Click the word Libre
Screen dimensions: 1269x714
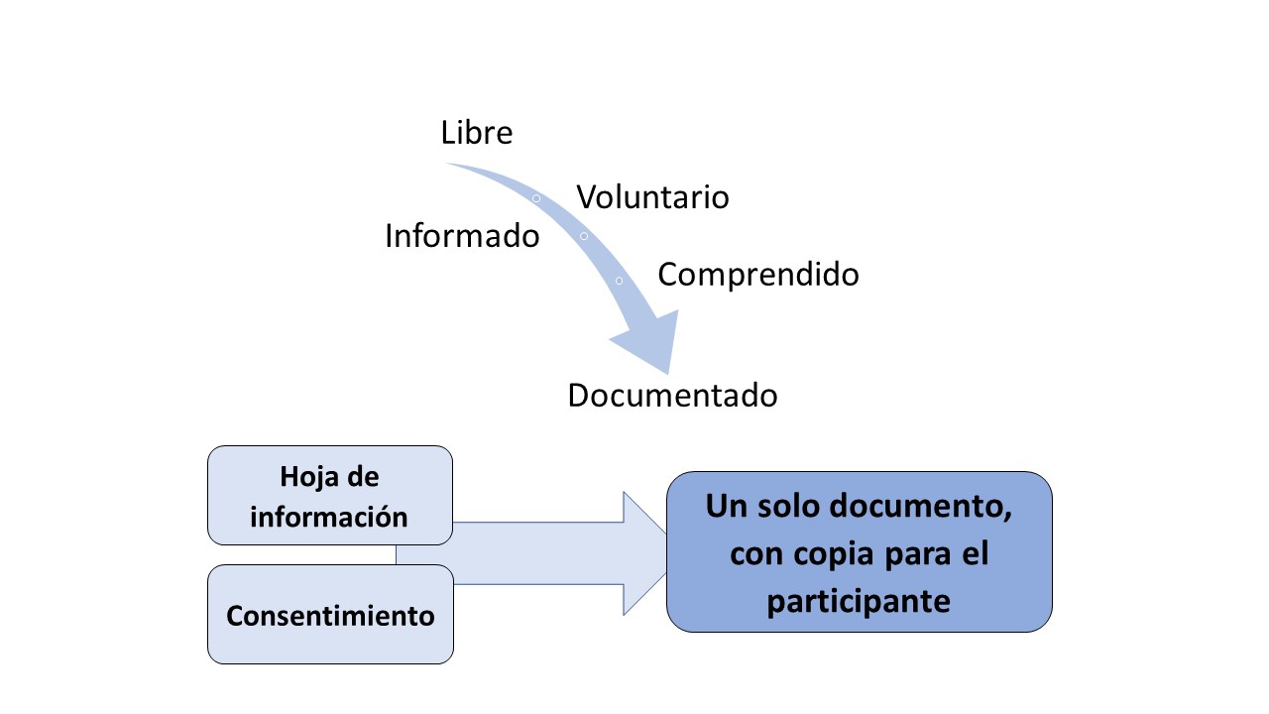click(x=477, y=133)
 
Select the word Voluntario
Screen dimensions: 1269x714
click(x=652, y=197)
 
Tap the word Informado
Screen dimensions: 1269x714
click(x=462, y=236)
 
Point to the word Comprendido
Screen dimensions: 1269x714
click(x=758, y=275)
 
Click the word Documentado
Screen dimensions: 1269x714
click(x=672, y=395)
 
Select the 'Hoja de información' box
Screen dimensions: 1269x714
click(x=330, y=495)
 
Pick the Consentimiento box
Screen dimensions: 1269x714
click(x=330, y=614)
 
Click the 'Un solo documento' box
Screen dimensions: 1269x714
click(x=859, y=552)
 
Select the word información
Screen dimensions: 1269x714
click(x=329, y=517)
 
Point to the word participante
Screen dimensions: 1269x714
click(x=859, y=602)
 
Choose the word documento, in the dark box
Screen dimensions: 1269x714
click(x=921, y=506)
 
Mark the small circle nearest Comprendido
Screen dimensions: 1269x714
click(x=620, y=281)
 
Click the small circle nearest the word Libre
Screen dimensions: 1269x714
click(x=536, y=198)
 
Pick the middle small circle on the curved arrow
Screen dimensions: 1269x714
click(x=584, y=236)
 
